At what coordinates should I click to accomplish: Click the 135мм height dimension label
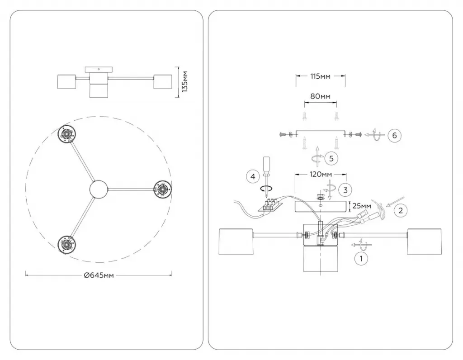point(184,82)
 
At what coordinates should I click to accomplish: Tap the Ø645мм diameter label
point(99,275)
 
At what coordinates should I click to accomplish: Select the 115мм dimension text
point(321,76)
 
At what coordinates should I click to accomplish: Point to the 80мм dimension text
point(321,96)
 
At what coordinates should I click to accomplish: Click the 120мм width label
point(321,174)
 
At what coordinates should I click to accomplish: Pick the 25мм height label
point(362,205)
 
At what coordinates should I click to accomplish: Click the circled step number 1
point(361,259)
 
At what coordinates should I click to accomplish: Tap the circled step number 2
point(401,210)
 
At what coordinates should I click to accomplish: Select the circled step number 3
point(345,190)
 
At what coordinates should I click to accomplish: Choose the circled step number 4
point(253,176)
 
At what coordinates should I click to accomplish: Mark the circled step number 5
point(331,159)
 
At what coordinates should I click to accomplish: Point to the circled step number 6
point(394,136)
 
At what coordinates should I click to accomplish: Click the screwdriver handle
point(266,165)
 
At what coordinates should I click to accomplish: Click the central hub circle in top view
point(99,189)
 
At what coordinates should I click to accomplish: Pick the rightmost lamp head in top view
point(163,189)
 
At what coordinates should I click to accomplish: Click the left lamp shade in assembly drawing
point(235,241)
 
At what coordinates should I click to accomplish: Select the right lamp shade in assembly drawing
point(424,241)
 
